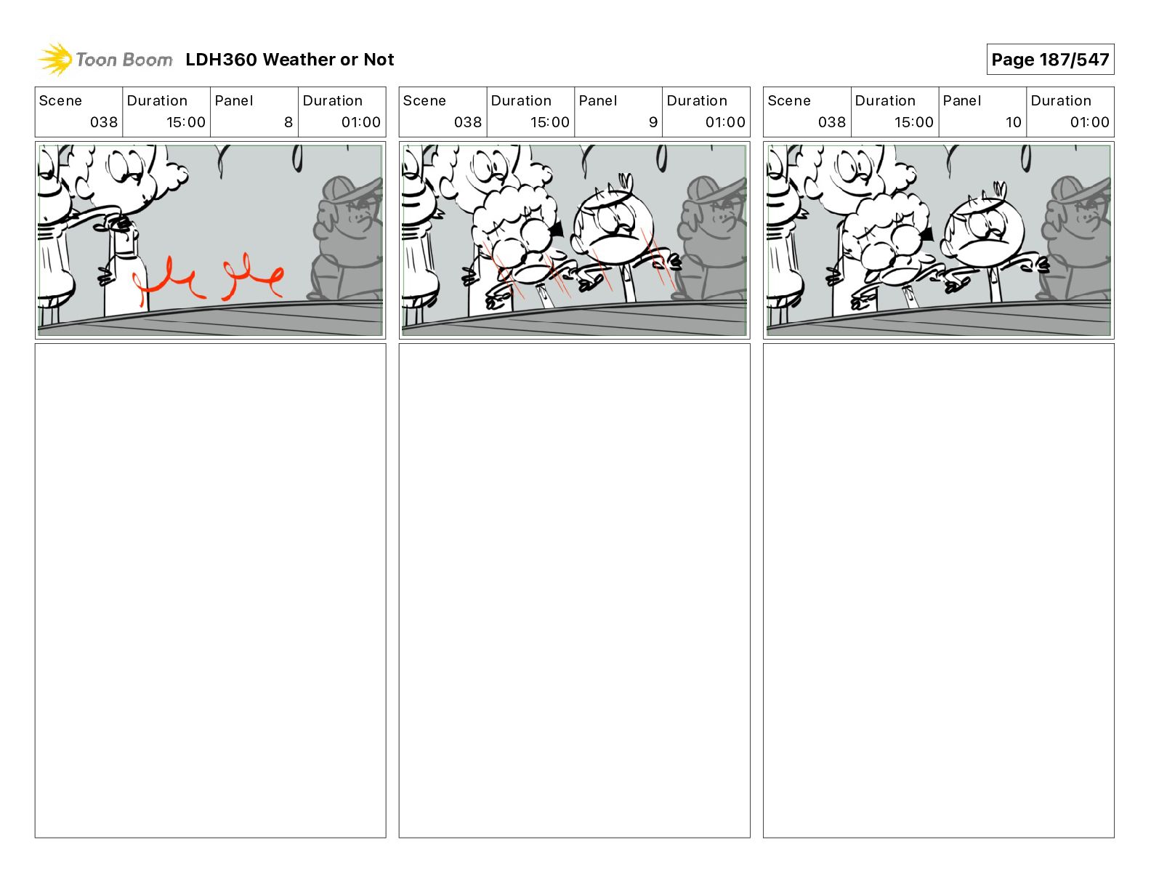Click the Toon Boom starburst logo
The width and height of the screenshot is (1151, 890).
tap(55, 60)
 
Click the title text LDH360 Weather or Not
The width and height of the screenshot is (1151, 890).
tap(290, 60)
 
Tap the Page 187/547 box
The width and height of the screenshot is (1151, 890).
tap(1050, 60)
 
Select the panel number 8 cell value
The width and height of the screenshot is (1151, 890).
tap(288, 122)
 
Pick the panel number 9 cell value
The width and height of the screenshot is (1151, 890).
tap(653, 122)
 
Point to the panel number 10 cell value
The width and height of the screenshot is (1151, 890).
tap(1013, 122)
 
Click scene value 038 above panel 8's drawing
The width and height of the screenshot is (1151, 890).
tap(104, 122)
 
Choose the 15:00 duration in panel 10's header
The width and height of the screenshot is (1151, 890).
tap(913, 122)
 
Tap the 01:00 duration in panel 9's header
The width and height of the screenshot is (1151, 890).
tap(725, 122)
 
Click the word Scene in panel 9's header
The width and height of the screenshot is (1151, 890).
tap(424, 101)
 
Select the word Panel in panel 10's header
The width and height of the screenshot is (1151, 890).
tap(962, 101)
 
